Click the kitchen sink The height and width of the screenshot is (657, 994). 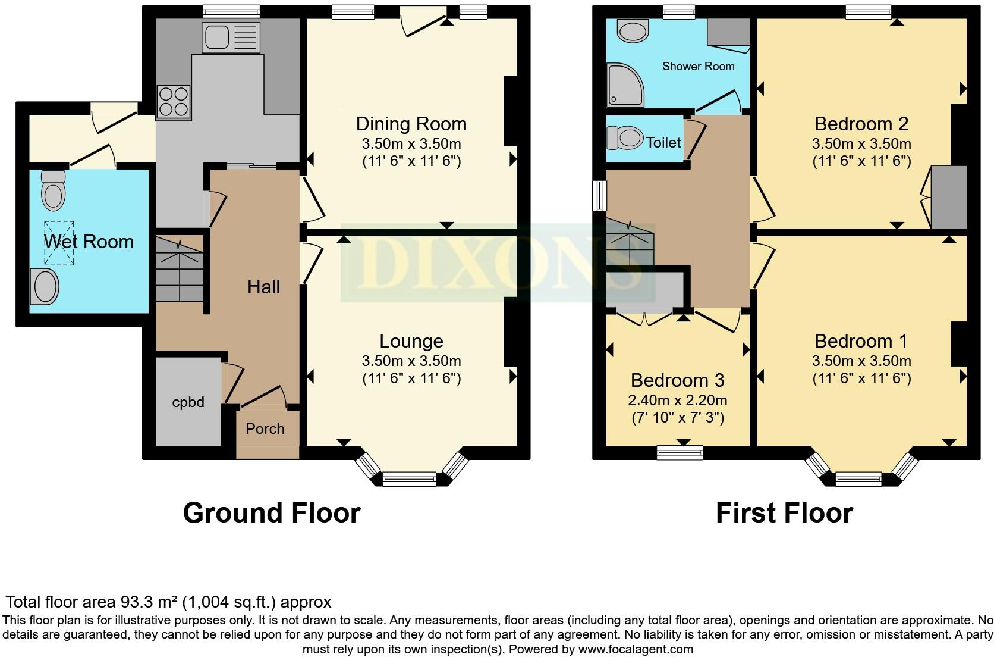[x=231, y=37]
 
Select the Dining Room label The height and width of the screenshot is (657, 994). [x=411, y=124]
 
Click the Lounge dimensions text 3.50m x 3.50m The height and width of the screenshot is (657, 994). [x=411, y=361]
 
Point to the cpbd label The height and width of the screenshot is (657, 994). [x=188, y=402]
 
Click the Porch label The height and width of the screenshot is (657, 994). [x=265, y=428]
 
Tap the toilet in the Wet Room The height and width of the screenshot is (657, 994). [x=54, y=189]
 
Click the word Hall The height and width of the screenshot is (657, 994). [x=263, y=287]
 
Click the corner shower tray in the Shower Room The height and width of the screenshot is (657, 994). [x=624, y=85]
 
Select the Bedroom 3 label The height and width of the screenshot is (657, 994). [x=677, y=380]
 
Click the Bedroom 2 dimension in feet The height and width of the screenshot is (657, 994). [x=861, y=161]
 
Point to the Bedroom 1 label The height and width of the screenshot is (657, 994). [x=861, y=341]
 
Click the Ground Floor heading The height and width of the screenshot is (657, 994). [x=272, y=512]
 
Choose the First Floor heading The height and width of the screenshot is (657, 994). [x=784, y=512]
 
